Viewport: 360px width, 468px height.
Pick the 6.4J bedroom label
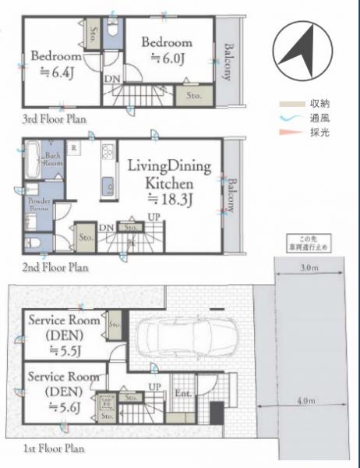[x=56, y=65]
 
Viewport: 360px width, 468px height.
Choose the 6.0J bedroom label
[x=166, y=48]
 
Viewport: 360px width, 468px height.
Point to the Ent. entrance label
[x=182, y=394]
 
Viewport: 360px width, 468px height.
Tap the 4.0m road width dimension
[x=306, y=401]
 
